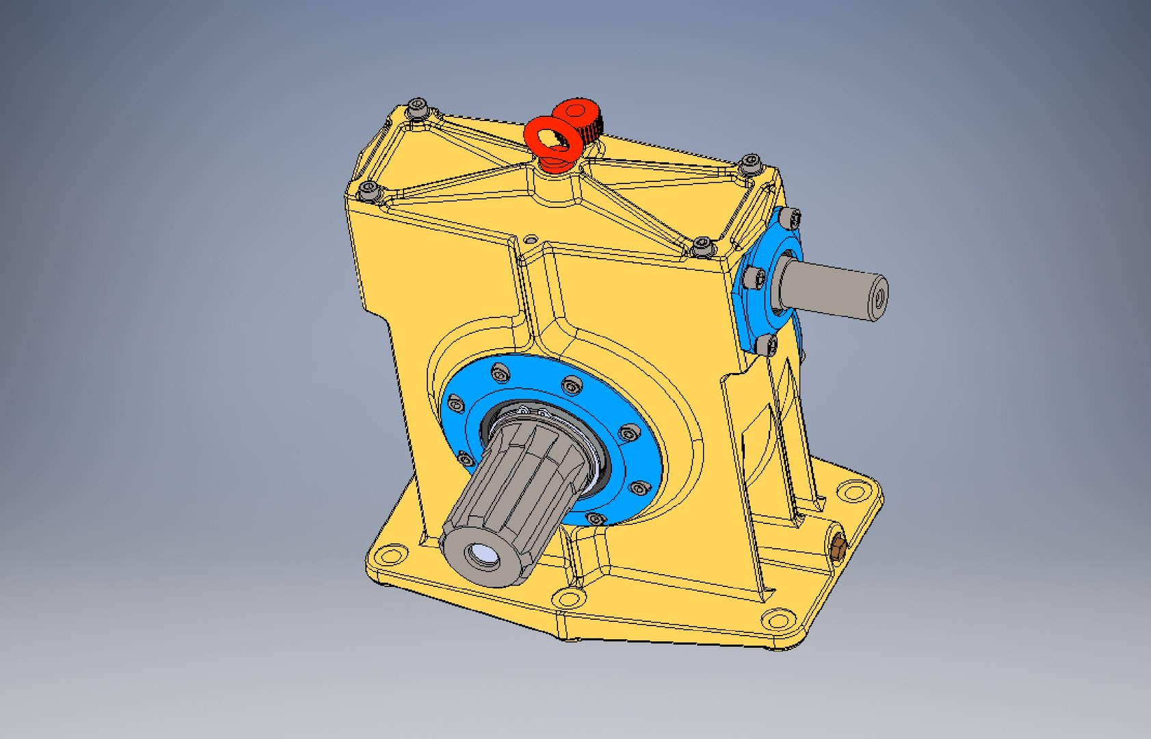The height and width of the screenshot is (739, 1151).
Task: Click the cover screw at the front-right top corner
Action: [702, 246]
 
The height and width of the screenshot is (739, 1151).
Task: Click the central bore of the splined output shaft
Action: [484, 556]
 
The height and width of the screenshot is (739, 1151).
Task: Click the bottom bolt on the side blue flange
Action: [767, 343]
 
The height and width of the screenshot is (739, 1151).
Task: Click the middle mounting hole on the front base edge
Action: [568, 599]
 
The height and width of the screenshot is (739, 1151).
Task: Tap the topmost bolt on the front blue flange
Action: [500, 373]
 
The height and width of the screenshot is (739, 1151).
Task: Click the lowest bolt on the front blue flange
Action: [596, 519]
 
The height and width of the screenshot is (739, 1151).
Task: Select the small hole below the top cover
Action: [531, 240]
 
